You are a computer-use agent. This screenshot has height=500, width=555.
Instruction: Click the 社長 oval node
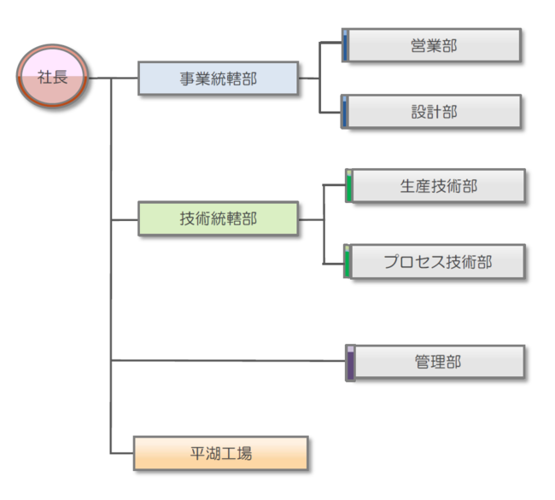[x=53, y=78]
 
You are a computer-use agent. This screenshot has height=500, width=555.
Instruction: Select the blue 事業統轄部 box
[x=218, y=78]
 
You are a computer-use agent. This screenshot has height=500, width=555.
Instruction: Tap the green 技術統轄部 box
[x=218, y=218]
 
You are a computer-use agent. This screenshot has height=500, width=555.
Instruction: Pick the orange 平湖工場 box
[x=220, y=453]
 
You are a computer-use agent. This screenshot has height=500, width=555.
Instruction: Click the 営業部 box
[x=434, y=45]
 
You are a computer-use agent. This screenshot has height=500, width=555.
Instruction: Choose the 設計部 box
[x=434, y=112]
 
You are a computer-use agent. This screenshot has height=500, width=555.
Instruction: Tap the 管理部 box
[x=438, y=362]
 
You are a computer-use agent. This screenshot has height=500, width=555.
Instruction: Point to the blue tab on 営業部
[x=345, y=46]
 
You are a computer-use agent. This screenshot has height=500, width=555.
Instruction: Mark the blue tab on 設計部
[x=345, y=113]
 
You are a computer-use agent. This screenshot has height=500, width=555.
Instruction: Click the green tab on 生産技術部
[x=348, y=187]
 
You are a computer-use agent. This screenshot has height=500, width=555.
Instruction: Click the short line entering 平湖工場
[x=122, y=452]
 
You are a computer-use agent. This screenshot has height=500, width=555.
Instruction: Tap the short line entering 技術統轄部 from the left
[x=125, y=219]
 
